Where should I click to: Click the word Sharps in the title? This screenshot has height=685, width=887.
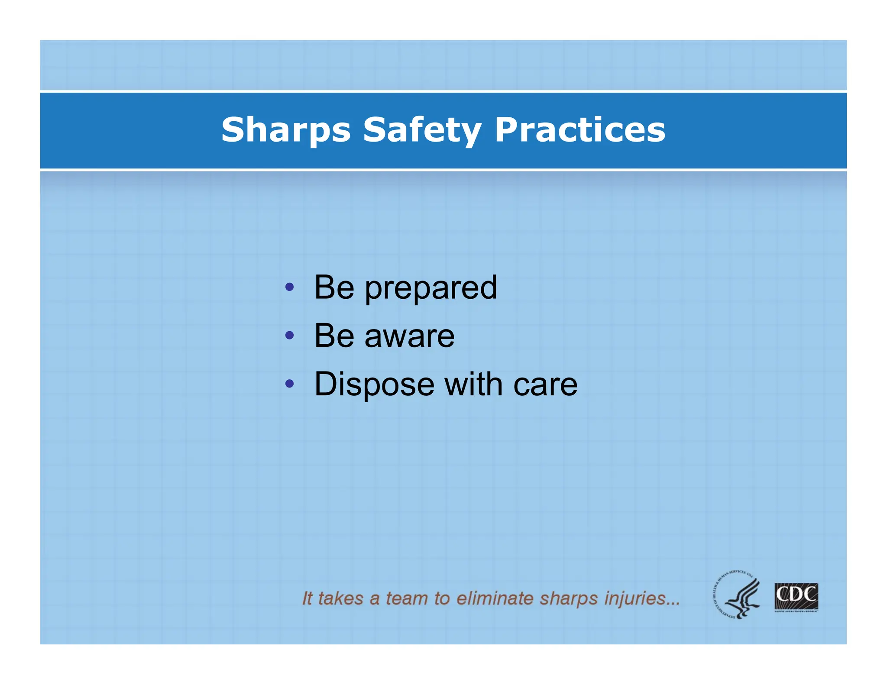(x=286, y=130)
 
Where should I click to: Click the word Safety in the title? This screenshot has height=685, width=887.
(x=422, y=130)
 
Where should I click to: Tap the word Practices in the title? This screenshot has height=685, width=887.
(x=579, y=130)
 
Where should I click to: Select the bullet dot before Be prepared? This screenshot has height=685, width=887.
(x=290, y=287)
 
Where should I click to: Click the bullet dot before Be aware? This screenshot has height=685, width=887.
(x=290, y=335)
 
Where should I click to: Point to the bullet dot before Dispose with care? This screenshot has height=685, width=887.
(x=290, y=383)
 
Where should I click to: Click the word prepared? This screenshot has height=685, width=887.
(x=431, y=288)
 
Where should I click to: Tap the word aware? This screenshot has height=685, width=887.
(x=410, y=336)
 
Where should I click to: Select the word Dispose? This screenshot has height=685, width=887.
(x=374, y=385)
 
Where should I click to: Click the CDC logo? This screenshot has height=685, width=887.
(x=796, y=597)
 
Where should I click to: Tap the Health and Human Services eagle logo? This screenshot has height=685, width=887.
(x=736, y=594)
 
